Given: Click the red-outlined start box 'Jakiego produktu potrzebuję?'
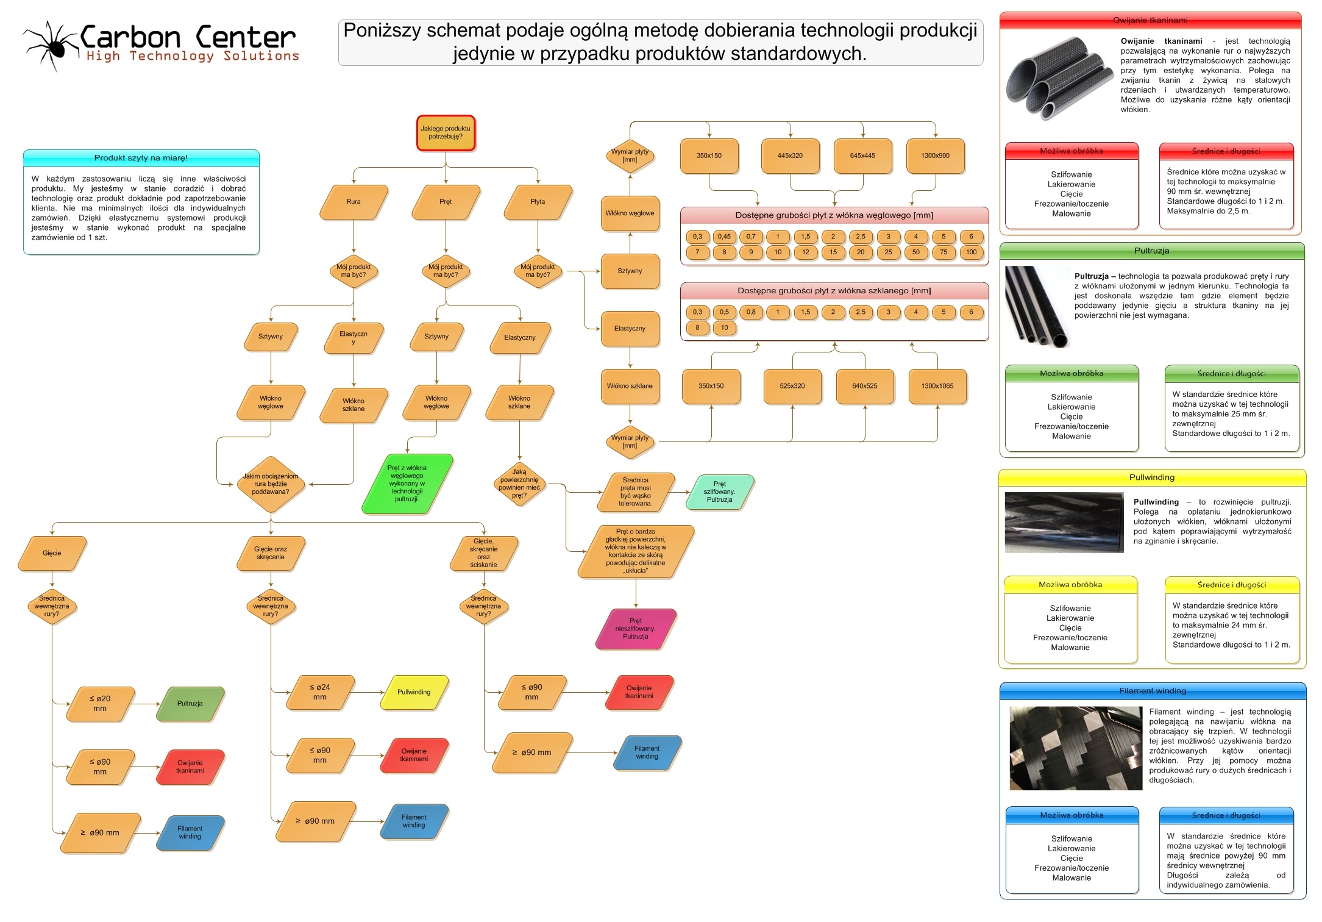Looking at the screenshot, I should point(446,133).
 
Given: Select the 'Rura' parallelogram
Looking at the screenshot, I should point(354,202).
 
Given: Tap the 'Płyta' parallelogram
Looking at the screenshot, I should point(538,202).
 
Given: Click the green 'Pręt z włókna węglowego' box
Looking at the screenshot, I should point(407,484).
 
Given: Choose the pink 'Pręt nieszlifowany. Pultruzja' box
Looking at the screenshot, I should point(636,629).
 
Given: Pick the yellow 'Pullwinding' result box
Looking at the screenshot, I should point(414,692).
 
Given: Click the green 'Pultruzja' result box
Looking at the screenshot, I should point(190,704).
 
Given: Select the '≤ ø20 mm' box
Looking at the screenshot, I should point(100,704).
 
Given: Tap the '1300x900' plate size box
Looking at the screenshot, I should point(935,156).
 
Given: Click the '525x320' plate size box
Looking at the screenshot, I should point(792,386).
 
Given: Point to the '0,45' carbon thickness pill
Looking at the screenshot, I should point(724,237).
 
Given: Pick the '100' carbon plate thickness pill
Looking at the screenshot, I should point(971,252).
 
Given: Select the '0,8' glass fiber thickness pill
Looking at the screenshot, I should point(751,312).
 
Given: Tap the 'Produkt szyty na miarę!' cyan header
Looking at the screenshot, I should point(141,158).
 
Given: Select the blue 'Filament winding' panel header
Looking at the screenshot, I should point(1152,691).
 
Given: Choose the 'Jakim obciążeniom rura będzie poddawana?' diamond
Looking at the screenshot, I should point(271,484).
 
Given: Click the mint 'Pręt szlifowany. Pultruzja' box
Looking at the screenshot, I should point(720,492).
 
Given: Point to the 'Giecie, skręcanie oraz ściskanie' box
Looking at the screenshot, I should point(483,553).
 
